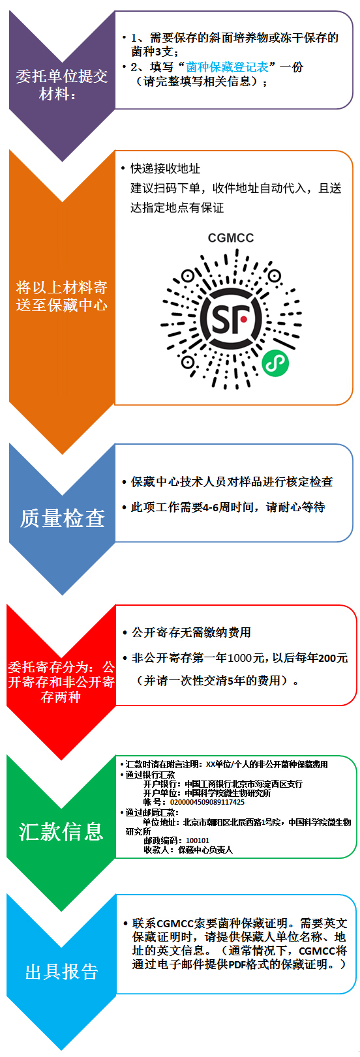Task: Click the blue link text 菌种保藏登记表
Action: point(227,67)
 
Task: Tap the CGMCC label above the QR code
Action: point(231,238)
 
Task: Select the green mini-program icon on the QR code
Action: point(275,363)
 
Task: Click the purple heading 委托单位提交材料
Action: point(62,85)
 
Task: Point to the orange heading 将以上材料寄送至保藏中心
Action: point(62,296)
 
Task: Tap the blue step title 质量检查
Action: point(62,518)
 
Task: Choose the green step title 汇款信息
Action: point(61,831)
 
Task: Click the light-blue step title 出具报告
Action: point(62,972)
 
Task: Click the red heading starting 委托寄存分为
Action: point(61,682)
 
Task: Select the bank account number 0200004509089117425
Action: point(207,801)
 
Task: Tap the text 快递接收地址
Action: point(165,168)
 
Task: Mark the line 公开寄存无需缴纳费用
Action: point(191,633)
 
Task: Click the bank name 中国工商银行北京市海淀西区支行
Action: point(243,784)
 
